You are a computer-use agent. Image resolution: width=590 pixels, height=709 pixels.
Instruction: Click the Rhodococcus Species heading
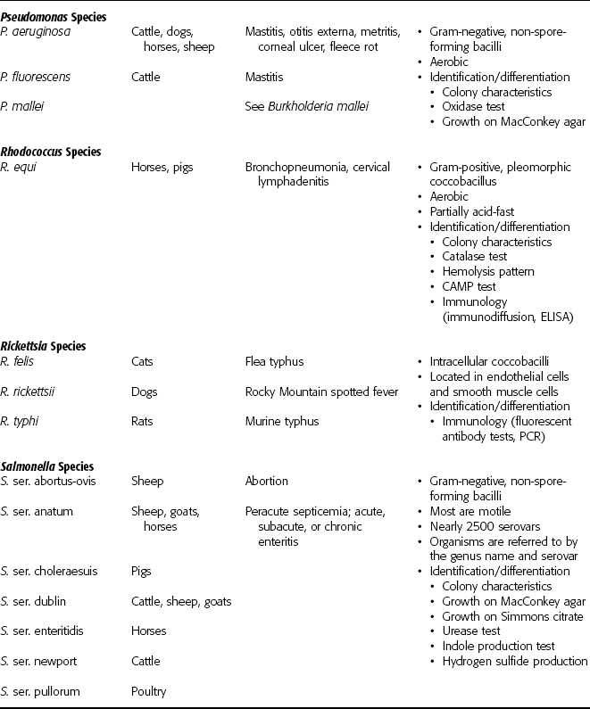pos(51,152)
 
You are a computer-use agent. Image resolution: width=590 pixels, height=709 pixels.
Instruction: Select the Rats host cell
pos(145,421)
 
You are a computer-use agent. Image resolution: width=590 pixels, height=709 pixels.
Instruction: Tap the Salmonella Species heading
pos(49,466)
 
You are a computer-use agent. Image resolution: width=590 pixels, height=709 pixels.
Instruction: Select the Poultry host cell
pos(148,691)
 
